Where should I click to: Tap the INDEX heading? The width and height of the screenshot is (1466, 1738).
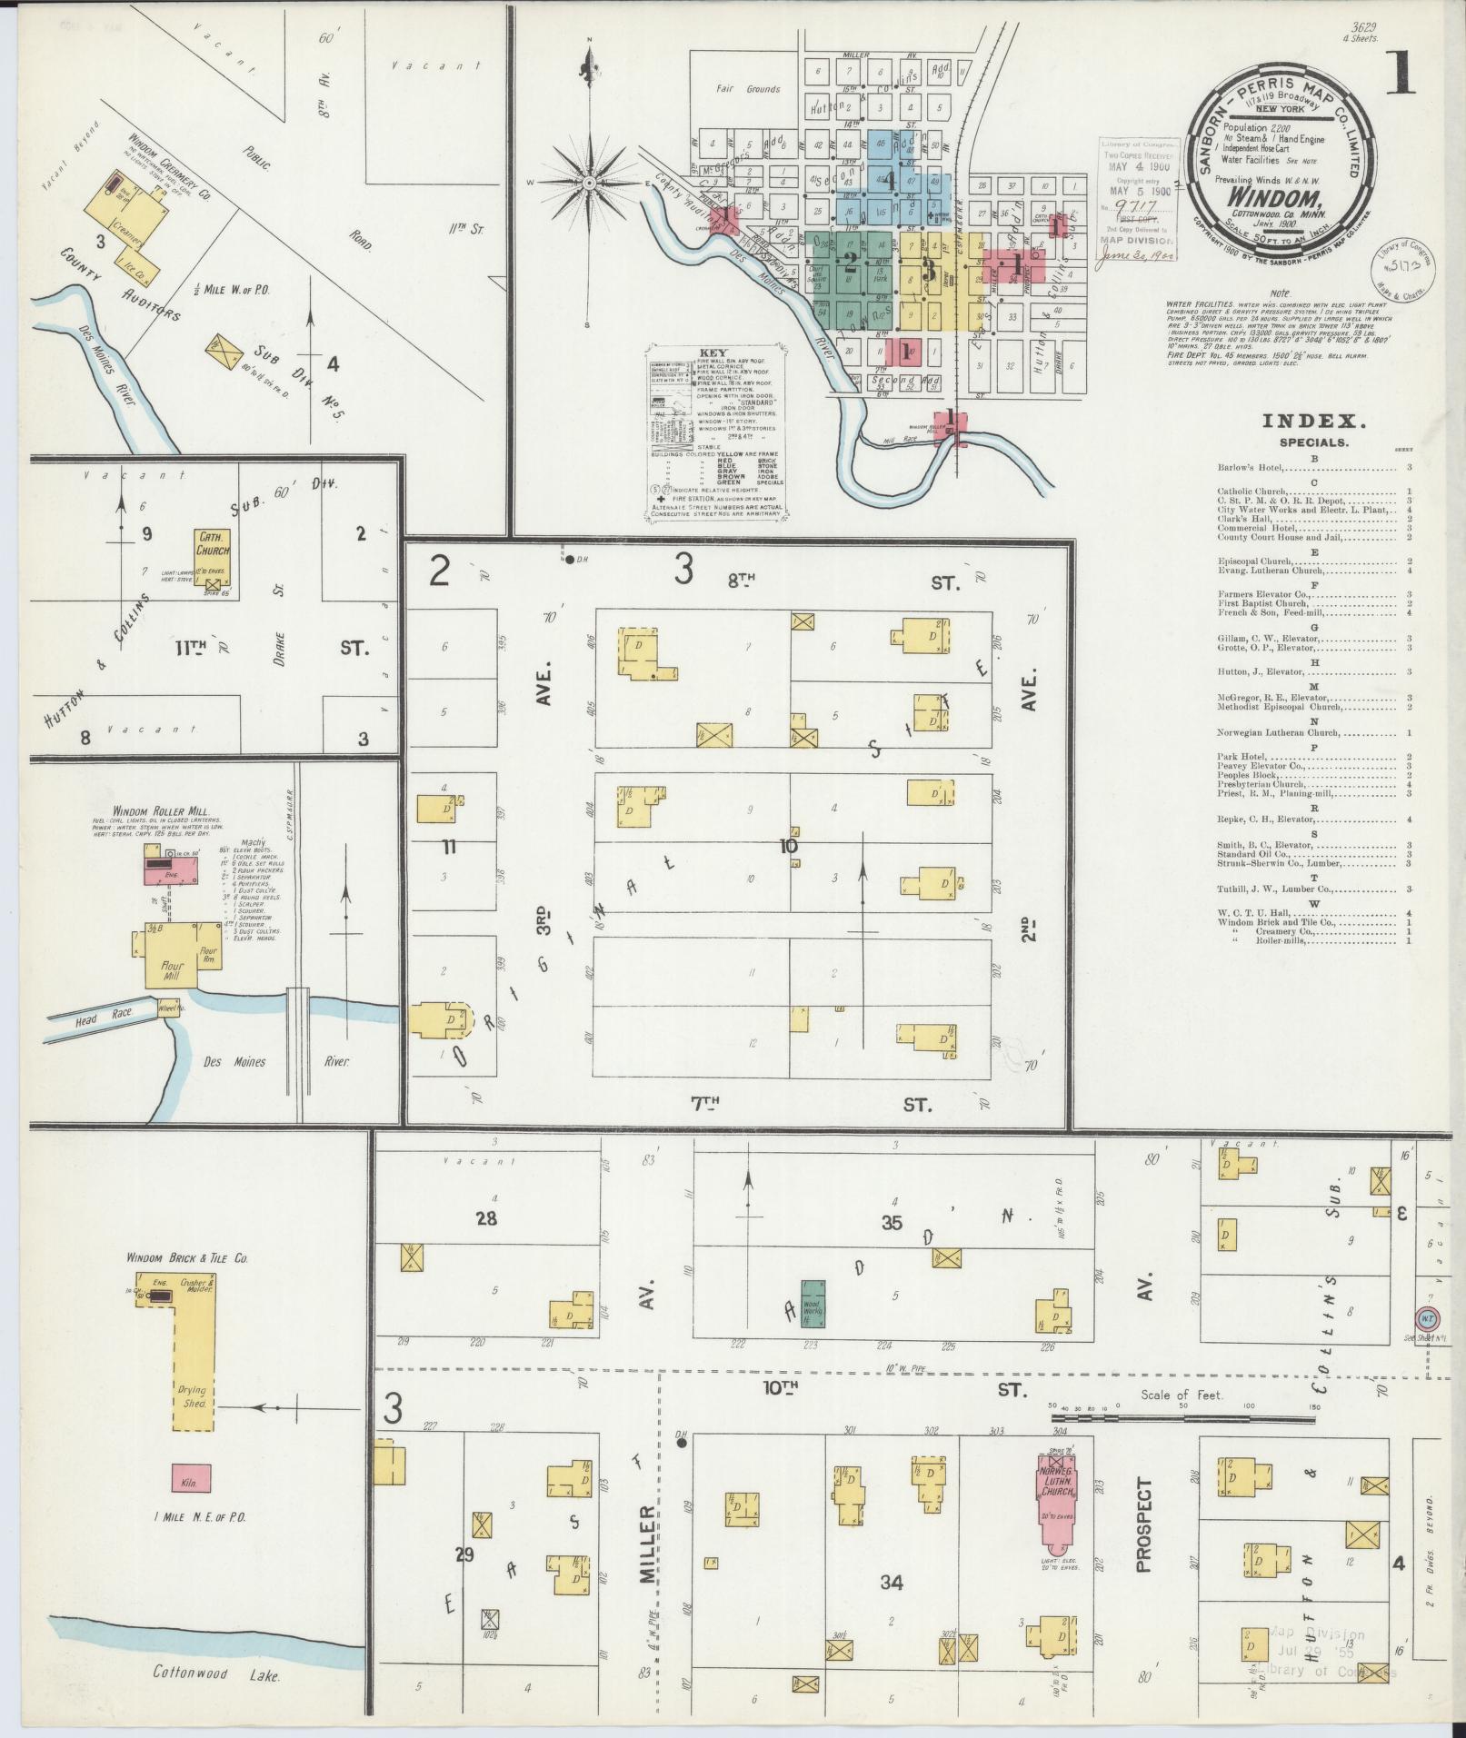tap(1314, 421)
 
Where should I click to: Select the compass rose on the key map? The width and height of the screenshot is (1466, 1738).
tap(590, 183)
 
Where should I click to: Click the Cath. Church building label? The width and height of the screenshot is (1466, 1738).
tap(213, 545)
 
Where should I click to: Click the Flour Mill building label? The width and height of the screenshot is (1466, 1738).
tap(173, 971)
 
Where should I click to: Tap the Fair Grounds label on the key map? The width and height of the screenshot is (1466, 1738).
tap(748, 89)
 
